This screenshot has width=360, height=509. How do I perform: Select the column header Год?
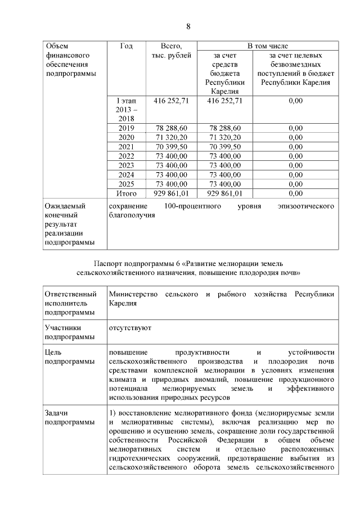(126, 46)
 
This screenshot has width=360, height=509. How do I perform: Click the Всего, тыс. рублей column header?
(171, 51)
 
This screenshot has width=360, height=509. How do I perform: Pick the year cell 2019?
(126, 128)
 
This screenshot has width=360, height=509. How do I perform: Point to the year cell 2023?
(126, 165)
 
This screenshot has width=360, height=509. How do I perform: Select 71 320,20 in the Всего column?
(171, 138)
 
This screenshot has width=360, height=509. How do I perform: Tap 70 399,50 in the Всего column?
(171, 147)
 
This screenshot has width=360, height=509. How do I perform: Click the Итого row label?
(126, 193)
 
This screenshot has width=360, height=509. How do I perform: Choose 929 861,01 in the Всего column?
(171, 193)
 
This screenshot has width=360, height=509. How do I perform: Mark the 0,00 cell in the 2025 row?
(295, 184)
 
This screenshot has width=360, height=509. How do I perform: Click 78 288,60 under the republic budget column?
(225, 128)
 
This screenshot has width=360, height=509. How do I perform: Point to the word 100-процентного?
(191, 206)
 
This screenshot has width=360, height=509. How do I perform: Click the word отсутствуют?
(130, 327)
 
